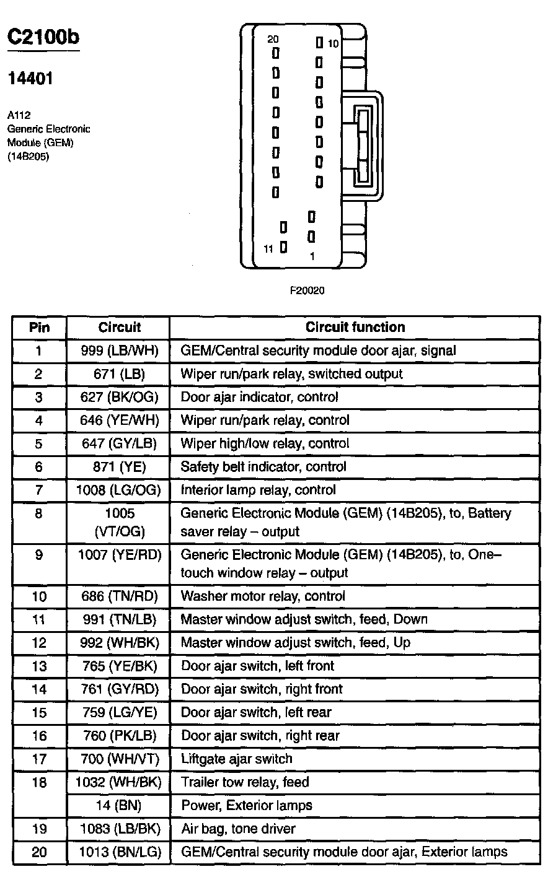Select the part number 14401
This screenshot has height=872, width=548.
(x=30, y=79)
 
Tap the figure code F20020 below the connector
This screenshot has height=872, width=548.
(x=307, y=290)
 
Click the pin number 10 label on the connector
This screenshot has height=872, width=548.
(x=334, y=43)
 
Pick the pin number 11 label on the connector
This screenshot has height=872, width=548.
(x=268, y=249)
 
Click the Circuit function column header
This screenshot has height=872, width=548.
(x=355, y=327)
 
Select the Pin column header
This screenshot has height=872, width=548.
(x=39, y=327)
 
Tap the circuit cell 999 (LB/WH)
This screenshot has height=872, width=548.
(x=120, y=351)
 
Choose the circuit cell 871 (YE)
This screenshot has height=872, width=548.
(x=120, y=467)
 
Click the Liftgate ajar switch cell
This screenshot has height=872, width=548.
(x=236, y=759)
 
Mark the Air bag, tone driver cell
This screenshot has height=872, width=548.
(x=238, y=829)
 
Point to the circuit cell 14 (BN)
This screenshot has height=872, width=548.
(x=120, y=805)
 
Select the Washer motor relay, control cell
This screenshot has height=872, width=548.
(x=263, y=596)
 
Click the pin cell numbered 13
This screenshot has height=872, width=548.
(x=39, y=666)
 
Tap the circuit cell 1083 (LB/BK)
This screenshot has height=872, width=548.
(x=120, y=829)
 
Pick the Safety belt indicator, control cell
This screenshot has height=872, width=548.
(x=263, y=467)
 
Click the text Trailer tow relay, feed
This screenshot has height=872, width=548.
(x=245, y=782)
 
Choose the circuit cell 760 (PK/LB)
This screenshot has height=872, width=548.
(x=120, y=736)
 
